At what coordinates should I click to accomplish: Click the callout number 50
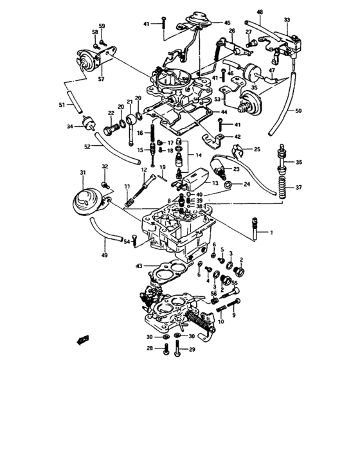[x=298, y=111]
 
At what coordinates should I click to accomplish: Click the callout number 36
[x=298, y=161]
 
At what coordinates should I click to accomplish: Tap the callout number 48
[x=260, y=12]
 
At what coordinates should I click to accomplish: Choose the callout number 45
[x=226, y=22]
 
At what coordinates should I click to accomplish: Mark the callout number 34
[x=69, y=127]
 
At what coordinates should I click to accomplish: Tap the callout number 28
[x=148, y=348]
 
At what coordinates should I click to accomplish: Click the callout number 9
[x=234, y=316]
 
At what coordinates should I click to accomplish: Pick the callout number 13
[x=215, y=183]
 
